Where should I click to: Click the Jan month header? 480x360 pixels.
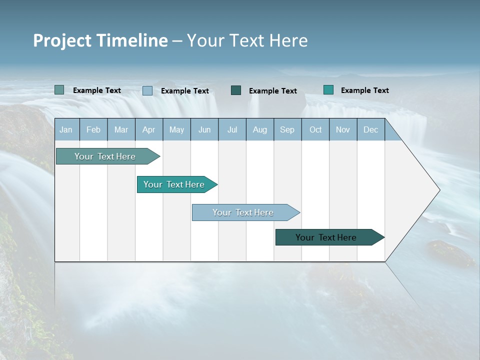tap(66, 130)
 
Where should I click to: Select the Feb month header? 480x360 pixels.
tap(93, 130)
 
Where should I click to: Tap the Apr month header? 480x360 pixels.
tap(148, 130)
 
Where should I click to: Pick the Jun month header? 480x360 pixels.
tap(204, 130)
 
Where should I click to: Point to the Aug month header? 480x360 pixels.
tap(259, 130)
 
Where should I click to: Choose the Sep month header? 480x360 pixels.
tap(287, 130)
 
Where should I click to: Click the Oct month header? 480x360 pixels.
tap(315, 130)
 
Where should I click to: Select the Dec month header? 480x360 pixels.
tap(370, 130)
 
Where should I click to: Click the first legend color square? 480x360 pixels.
tap(59, 90)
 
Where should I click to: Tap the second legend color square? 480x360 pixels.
tap(147, 90)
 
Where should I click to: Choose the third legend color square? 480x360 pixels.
tap(236, 90)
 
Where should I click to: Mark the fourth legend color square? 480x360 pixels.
tap(328, 90)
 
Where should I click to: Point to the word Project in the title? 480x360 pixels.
tap(62, 40)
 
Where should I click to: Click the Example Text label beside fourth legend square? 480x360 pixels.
tap(364, 90)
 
